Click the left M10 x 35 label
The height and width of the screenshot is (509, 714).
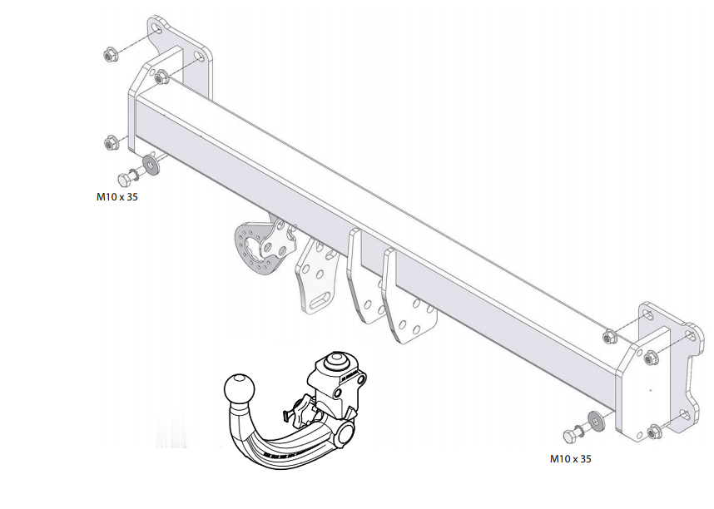(x=117, y=198)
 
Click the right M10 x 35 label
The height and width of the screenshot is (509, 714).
(x=570, y=458)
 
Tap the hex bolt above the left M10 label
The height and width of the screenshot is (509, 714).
(x=130, y=177)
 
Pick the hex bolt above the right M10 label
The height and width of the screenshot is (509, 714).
(x=573, y=435)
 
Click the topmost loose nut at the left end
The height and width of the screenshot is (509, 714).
(x=109, y=56)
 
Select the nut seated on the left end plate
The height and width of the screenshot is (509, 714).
(x=161, y=78)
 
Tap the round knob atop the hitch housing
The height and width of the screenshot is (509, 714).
(x=336, y=363)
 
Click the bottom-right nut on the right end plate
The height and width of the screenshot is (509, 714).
(x=654, y=432)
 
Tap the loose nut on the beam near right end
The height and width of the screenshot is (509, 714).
(x=608, y=336)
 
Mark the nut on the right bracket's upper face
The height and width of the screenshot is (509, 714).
(x=652, y=359)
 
